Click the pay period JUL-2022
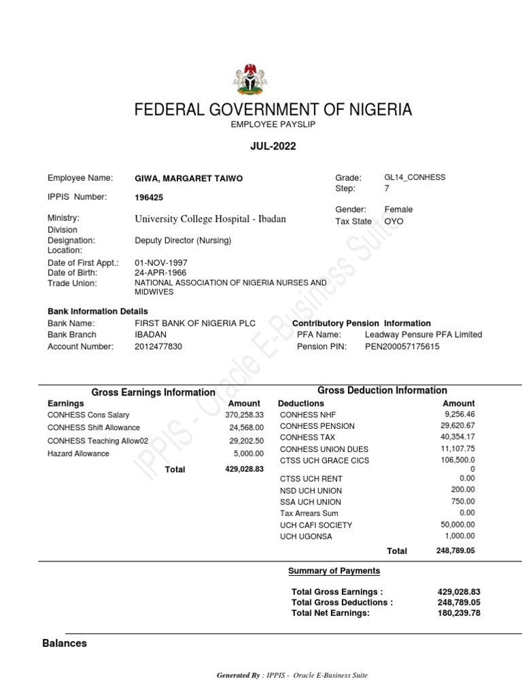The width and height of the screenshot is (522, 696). pyautogui.click(x=273, y=146)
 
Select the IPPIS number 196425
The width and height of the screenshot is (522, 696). pyautogui.click(x=150, y=198)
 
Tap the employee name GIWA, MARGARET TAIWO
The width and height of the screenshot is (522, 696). pyautogui.click(x=189, y=179)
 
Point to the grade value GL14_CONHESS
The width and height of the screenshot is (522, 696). pyautogui.click(x=415, y=177)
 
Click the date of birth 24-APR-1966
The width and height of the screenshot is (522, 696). pyautogui.click(x=161, y=273)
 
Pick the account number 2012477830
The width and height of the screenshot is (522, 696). pyautogui.click(x=158, y=347)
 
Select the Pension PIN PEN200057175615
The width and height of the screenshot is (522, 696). pyautogui.click(x=402, y=347)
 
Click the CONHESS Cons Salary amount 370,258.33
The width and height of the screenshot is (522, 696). pyautogui.click(x=245, y=415)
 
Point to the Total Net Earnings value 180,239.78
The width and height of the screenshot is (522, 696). pyautogui.click(x=459, y=613)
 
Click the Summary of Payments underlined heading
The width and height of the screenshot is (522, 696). pyautogui.click(x=334, y=571)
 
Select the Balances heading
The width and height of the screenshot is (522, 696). pyautogui.click(x=65, y=643)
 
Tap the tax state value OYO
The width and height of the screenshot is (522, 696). pyautogui.click(x=394, y=222)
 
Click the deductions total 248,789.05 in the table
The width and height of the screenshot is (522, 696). pyautogui.click(x=455, y=551)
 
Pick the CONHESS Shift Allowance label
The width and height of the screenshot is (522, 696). pyautogui.click(x=94, y=428)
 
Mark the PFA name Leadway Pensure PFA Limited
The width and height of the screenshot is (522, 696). pyautogui.click(x=423, y=335)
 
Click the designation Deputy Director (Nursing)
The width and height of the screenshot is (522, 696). pyautogui.click(x=184, y=241)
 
